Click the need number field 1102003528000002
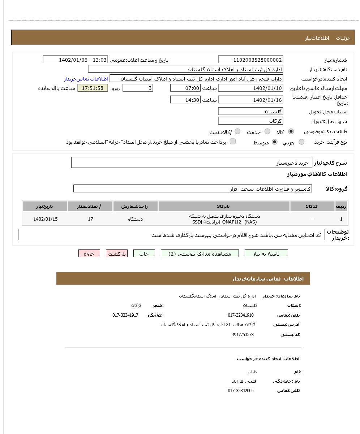[x=250, y=60]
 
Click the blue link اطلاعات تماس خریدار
[x=86, y=79]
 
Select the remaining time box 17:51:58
[x=93, y=88]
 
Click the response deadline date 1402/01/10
[x=250, y=88]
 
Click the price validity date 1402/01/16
[x=250, y=100]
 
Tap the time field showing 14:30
[x=185, y=100]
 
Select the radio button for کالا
[x=291, y=131]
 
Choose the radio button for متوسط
[x=275, y=142]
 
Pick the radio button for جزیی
[x=301, y=142]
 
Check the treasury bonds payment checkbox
[x=233, y=142]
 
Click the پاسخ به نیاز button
[x=266, y=253]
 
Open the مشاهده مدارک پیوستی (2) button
[x=200, y=253]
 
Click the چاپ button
[x=144, y=253]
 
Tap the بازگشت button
[x=117, y=253]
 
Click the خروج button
[x=89, y=253]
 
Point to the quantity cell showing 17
[x=90, y=219]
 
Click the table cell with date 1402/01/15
[x=45, y=219]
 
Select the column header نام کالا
[x=224, y=207]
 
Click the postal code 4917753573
[x=243, y=335]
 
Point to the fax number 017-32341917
[x=125, y=315]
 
